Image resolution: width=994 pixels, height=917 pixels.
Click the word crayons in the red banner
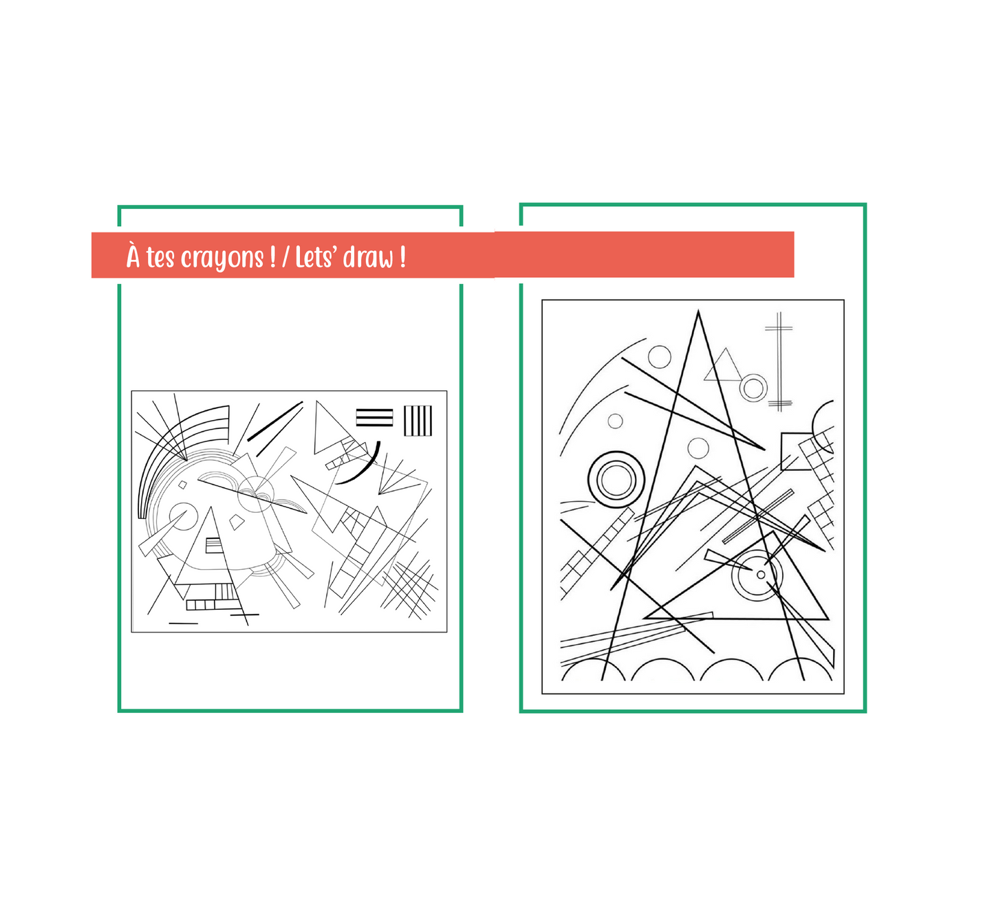coord(222,259)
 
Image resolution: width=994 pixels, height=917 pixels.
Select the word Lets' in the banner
coord(315,257)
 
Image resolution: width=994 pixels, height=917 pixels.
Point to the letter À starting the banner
coord(133,255)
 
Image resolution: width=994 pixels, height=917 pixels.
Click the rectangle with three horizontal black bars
coord(374,418)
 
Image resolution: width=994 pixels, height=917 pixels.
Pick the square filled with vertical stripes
coord(418,421)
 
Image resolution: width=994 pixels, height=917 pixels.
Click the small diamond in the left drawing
coord(183,484)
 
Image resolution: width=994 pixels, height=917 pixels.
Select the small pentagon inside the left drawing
coord(237,522)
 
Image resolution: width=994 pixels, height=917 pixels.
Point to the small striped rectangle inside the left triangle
coord(214,545)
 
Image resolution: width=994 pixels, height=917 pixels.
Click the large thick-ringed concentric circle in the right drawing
coord(616,480)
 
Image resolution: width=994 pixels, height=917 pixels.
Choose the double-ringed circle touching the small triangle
coord(753,388)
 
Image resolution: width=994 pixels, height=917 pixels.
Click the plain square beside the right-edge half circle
coord(797,451)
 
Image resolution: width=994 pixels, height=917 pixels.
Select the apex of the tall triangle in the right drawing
coord(698,311)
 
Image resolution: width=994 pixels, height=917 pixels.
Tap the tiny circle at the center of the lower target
coord(761,575)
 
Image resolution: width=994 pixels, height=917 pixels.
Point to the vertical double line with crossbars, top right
coord(779,362)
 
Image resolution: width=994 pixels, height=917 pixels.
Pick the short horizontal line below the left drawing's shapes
coord(183,623)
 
